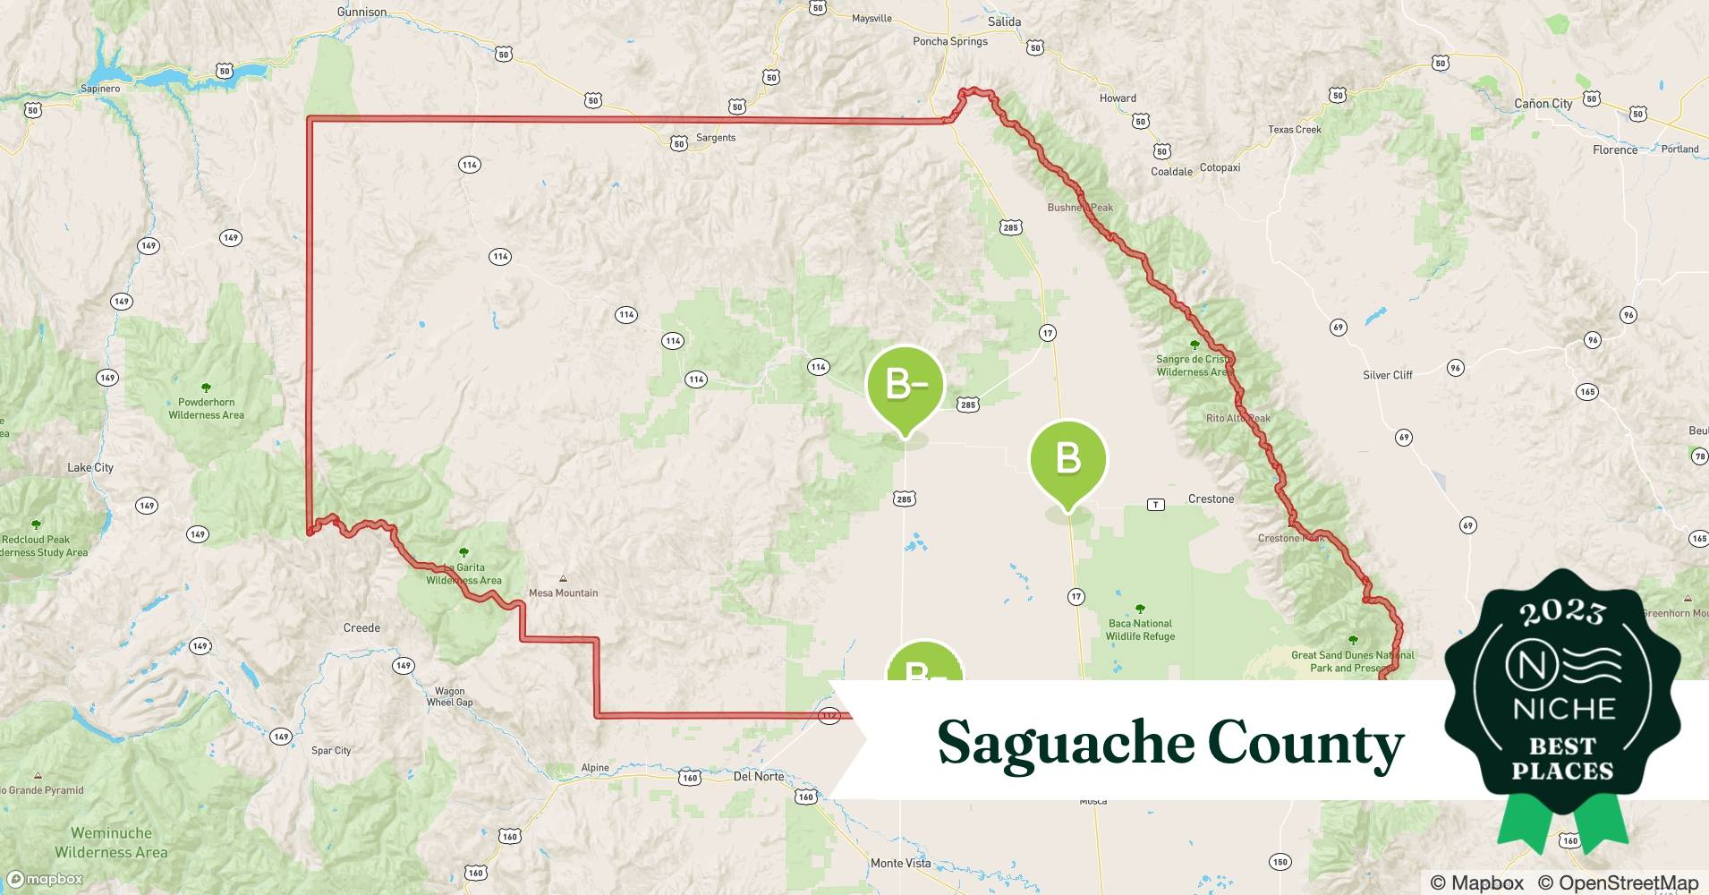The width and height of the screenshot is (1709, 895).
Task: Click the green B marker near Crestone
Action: tap(1068, 459)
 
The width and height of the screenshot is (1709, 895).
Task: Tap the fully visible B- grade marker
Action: tap(905, 385)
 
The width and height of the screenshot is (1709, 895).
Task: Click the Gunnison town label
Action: tap(361, 12)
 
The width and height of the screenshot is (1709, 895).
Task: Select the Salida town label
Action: tap(1004, 21)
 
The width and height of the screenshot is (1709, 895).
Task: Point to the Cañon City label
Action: tap(1543, 104)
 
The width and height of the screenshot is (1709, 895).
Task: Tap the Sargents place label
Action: tap(716, 138)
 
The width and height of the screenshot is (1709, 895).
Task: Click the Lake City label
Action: tap(90, 467)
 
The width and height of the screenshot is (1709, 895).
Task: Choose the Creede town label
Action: tap(361, 627)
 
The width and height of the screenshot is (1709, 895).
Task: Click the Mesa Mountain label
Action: tap(563, 592)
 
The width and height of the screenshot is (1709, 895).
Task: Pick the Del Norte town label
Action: tap(758, 776)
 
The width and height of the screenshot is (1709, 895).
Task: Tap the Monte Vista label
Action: tap(900, 863)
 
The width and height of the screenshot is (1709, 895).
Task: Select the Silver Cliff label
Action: tap(1387, 375)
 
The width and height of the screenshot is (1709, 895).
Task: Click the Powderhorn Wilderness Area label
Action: tap(206, 408)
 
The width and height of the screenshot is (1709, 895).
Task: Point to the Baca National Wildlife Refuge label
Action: tap(1140, 630)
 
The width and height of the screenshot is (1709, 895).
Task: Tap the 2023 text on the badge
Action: tap(1562, 611)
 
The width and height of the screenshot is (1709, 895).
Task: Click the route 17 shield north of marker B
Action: tap(1047, 333)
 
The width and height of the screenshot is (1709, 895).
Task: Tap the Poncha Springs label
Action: tap(949, 41)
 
